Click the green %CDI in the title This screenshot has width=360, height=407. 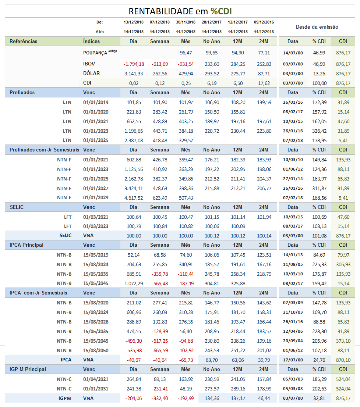221,11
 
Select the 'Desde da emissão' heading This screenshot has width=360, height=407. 317,27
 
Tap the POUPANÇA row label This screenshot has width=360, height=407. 95,53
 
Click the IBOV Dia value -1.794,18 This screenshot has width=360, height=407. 133,64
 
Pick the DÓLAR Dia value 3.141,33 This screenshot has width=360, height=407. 133,74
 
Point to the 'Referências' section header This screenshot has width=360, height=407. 23,41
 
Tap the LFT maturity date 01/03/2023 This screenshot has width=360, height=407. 96,226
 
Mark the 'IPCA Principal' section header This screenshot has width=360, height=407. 27,245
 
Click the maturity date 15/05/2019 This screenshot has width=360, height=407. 96,255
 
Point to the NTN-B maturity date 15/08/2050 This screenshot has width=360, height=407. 96,350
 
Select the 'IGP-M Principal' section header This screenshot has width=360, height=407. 28,369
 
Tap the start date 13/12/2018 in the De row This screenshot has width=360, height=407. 133,22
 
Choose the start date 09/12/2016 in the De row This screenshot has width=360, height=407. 264,22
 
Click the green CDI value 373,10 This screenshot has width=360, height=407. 343,341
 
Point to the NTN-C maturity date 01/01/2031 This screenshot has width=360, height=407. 96,389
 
